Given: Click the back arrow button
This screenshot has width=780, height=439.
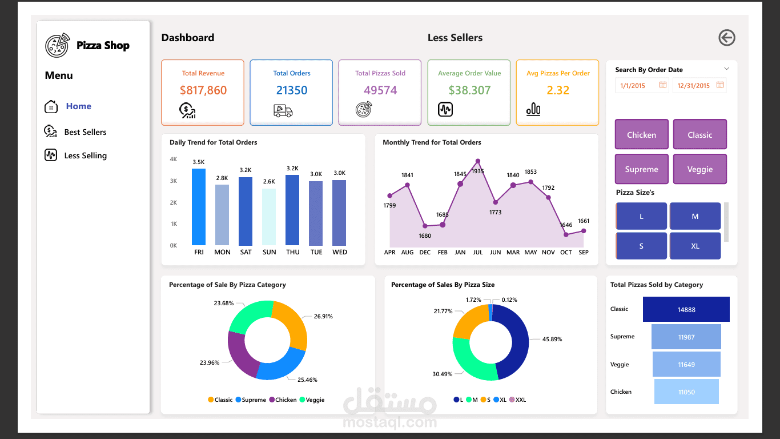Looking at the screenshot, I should pos(726,38).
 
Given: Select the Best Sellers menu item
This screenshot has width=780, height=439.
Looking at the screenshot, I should pos(85,132).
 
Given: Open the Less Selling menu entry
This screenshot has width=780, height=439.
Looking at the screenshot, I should pos(85,155).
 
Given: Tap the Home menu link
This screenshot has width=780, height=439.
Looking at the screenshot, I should pos(78,106).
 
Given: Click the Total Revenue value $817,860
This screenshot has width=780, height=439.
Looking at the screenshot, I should pos(203,90).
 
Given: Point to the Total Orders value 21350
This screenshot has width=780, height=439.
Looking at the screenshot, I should pos(292,90).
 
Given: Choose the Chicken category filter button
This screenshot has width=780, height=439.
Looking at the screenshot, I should pos(641,135).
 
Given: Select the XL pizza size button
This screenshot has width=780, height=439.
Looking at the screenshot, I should pos(695,246).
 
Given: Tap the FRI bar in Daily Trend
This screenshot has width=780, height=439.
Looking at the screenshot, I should pos(199,207).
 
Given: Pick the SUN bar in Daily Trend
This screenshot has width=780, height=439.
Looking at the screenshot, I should pos(269,217).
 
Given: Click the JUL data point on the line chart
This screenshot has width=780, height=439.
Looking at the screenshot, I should pos(478,161).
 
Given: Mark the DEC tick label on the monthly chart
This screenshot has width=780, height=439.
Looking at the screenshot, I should pos(425,252).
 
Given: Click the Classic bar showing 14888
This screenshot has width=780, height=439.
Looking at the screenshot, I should pos(686,309).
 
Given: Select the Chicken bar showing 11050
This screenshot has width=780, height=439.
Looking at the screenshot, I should pos(686,392).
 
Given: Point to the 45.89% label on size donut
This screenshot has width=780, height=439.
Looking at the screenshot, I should pos(552,339).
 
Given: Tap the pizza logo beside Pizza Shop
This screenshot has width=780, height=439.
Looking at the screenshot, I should pos(57,45).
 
